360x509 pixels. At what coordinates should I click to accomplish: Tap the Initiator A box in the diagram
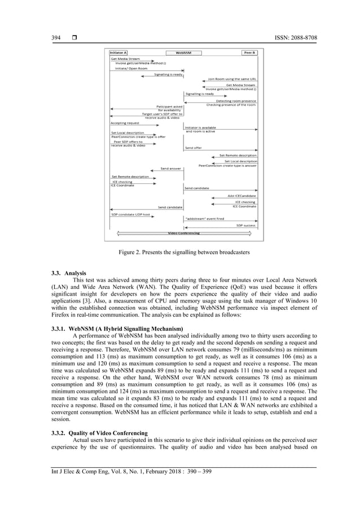[118, 52]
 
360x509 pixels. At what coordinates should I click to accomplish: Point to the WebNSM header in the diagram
[183, 52]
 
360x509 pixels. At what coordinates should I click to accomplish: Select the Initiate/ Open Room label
[129, 68]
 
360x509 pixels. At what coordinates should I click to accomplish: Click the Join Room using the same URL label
[232, 79]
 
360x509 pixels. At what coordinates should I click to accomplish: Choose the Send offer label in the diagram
[194, 148]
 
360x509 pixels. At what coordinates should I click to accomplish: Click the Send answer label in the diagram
[171, 168]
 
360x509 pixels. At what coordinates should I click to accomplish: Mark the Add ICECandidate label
[242, 196]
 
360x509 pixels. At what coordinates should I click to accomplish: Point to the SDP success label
[245, 225]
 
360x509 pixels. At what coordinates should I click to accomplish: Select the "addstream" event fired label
[204, 218]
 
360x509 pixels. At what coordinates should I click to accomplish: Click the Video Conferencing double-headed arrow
[183, 232]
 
